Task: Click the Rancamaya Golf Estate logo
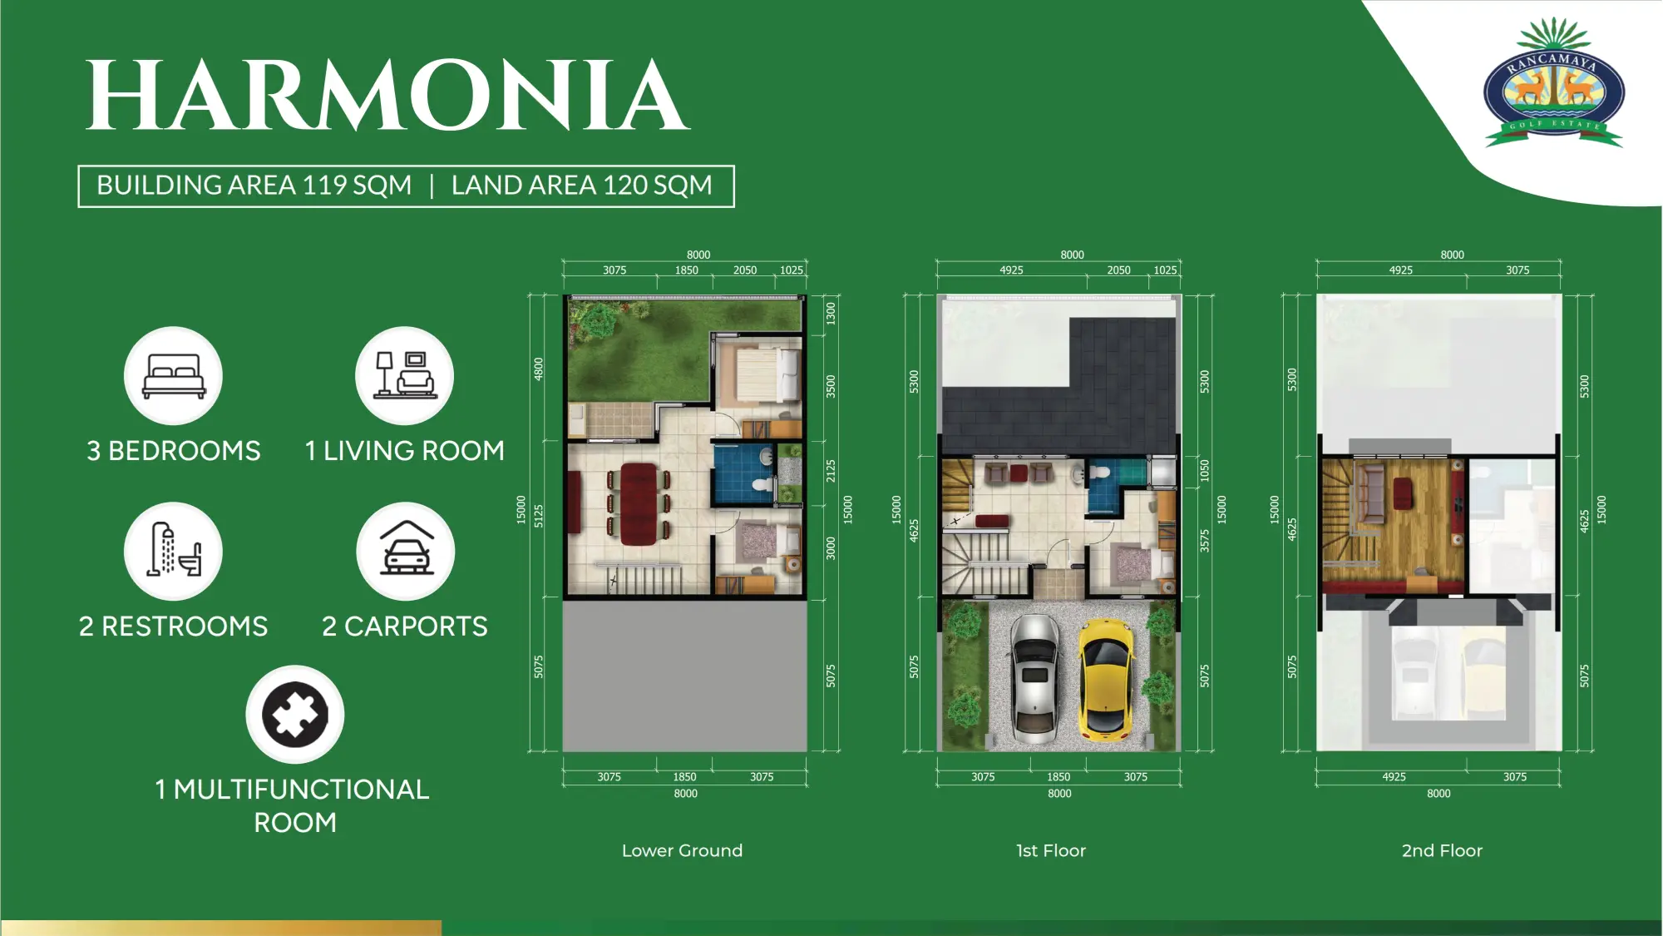coord(1553,82)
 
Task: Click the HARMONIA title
coord(387,97)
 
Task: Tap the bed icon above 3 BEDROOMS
coord(173,375)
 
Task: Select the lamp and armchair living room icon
coord(404,375)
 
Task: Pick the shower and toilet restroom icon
coord(173,551)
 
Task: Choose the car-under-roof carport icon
coord(406,551)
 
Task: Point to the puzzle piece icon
coord(295,714)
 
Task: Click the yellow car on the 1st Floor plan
coord(1106,680)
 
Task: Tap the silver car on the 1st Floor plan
coord(1035,679)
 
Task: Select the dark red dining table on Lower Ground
coord(639,503)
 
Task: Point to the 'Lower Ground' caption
coord(682,850)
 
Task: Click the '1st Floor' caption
coord(1051,850)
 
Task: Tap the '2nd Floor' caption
coord(1442,850)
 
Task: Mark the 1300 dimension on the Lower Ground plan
coord(831,314)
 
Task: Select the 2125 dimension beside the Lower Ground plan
coord(831,471)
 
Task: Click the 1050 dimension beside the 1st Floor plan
coord(1205,471)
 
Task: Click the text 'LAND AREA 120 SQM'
coord(582,185)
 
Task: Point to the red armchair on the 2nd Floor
coord(1403,493)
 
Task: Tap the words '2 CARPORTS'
coord(405,626)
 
